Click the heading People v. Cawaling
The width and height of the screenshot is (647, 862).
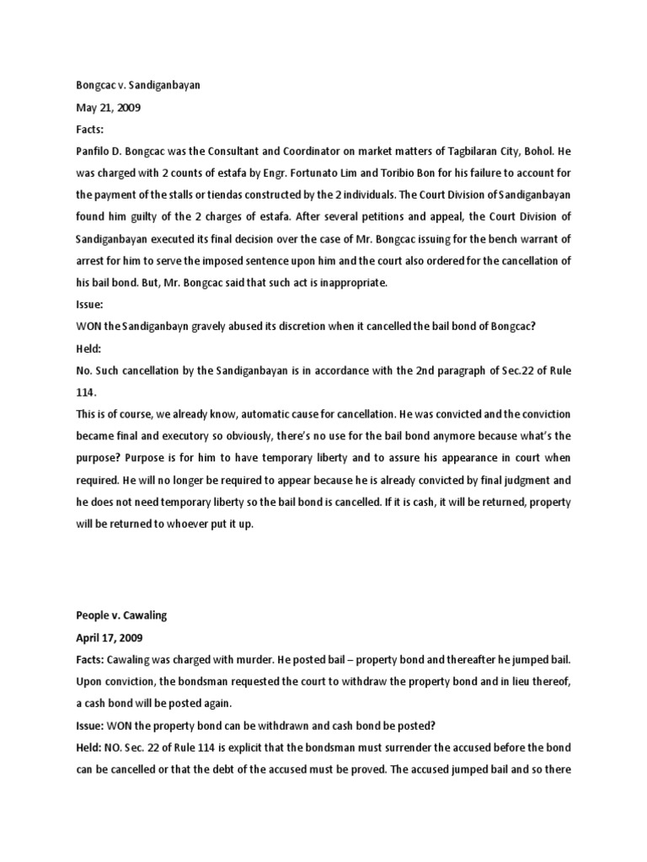coord(120,615)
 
